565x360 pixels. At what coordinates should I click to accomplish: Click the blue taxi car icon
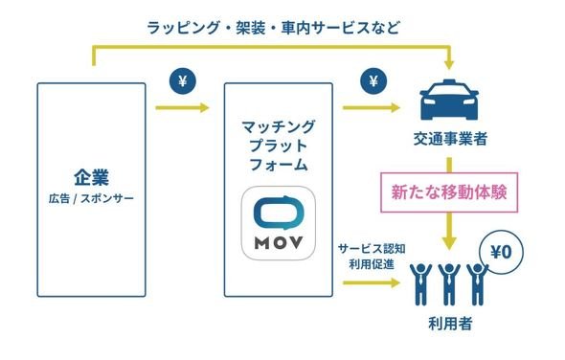449,100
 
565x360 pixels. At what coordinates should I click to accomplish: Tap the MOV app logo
278,223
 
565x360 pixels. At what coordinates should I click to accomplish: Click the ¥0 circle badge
501,253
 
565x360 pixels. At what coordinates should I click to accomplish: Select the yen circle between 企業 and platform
183,81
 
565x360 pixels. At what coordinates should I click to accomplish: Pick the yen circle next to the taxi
373,81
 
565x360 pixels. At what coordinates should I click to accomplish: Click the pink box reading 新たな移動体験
449,192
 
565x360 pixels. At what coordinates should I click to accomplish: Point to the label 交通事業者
450,139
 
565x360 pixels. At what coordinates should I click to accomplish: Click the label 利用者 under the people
450,324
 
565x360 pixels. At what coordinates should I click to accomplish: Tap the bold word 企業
92,177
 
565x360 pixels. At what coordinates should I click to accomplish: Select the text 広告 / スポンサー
91,198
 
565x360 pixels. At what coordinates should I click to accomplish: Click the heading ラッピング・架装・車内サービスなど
274,28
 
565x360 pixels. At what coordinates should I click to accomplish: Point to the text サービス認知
372,248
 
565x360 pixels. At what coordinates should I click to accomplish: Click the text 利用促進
372,264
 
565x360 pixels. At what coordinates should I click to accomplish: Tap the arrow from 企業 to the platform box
182,107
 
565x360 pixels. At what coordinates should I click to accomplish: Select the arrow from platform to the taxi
372,107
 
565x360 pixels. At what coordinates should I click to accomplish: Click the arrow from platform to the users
372,282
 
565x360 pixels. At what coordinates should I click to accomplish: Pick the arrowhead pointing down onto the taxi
449,65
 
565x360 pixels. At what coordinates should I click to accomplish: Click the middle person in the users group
449,284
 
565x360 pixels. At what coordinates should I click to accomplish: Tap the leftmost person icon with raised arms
420,284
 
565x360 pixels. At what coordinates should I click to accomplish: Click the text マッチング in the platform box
278,126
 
